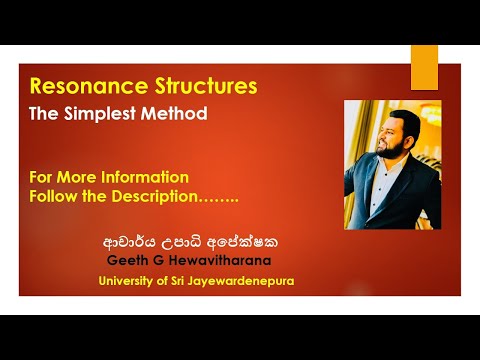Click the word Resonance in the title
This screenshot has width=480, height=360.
(x=84, y=87)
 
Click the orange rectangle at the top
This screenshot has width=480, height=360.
(x=424, y=67)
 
